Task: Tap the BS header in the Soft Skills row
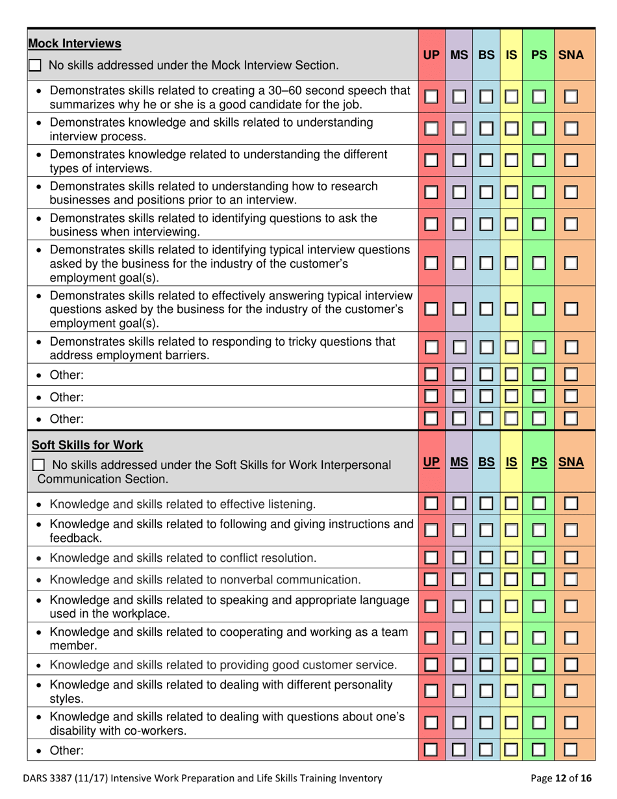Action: click(x=485, y=463)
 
